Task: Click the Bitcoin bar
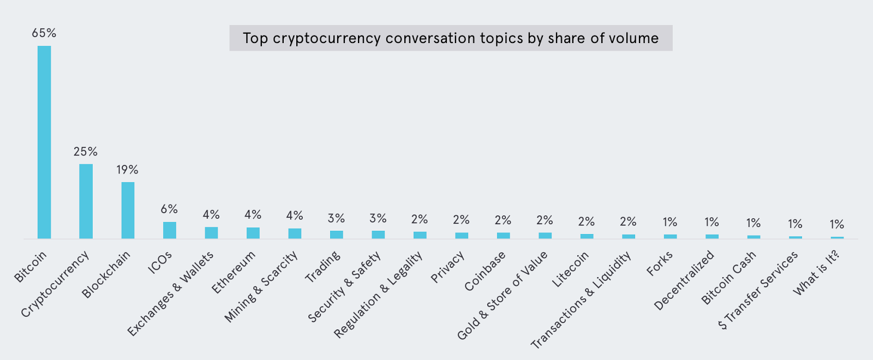[44, 142]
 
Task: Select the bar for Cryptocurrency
[86, 201]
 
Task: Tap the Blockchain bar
[128, 210]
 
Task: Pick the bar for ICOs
[170, 230]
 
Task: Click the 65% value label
[44, 33]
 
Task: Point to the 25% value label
[86, 152]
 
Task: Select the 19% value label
[127, 170]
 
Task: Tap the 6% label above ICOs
[169, 209]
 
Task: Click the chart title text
[451, 38]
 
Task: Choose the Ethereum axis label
[234, 272]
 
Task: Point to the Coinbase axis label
[485, 271]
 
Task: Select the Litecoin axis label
[570, 269]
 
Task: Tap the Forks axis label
[660, 263]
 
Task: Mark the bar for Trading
[337, 235]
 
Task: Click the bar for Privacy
[462, 236]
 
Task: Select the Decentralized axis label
[684, 280]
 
